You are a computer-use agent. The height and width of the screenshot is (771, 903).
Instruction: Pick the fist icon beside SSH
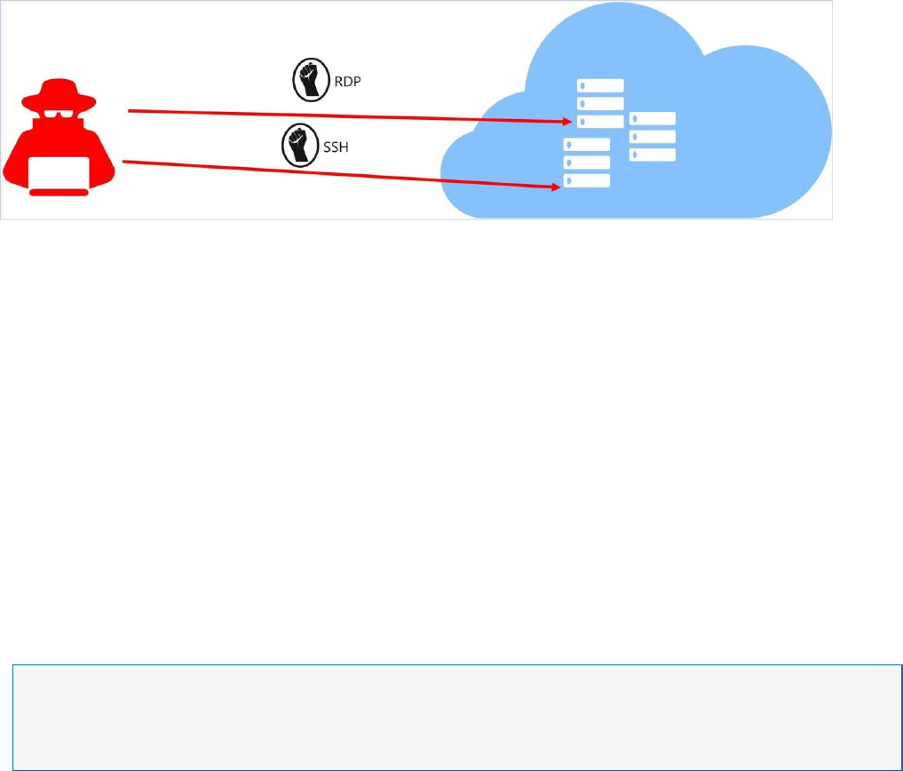click(296, 147)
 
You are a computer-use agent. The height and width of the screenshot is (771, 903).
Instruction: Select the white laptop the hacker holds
click(59, 173)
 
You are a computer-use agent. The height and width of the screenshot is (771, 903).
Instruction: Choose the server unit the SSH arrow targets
click(587, 180)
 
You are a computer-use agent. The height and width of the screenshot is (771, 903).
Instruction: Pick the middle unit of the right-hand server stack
click(653, 137)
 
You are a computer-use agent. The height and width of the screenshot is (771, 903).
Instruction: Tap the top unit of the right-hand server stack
click(653, 119)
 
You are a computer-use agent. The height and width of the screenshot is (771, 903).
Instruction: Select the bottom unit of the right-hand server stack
click(653, 155)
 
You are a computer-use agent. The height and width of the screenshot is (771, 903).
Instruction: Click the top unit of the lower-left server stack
click(587, 145)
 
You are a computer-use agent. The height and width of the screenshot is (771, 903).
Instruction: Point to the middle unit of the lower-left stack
click(587, 163)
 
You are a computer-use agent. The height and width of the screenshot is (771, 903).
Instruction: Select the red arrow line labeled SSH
click(337, 174)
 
